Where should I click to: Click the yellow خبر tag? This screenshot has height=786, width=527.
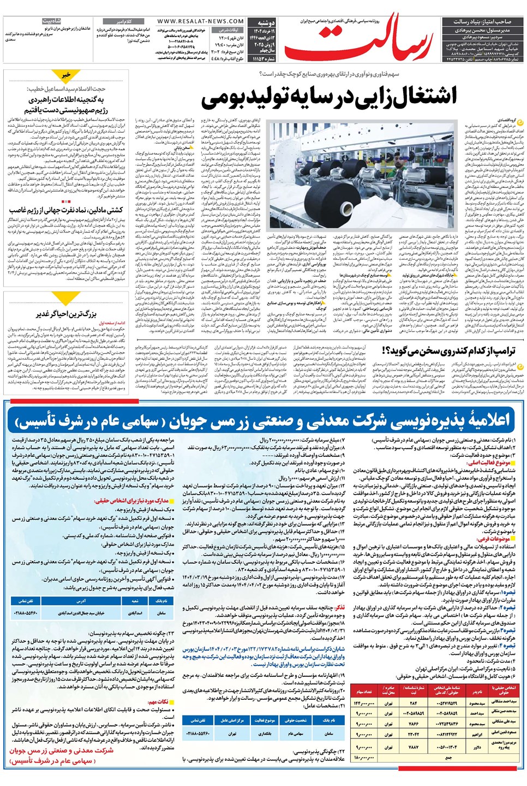[x=66, y=75]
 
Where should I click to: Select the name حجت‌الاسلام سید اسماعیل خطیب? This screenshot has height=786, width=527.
[x=67, y=88]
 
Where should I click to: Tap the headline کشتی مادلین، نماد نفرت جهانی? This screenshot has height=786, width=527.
[x=66, y=210]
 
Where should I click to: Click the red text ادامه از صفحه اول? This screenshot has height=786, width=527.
[x=112, y=323]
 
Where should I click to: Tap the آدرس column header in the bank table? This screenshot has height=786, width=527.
[x=81, y=600]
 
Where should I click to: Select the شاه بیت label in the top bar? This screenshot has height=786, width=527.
[x=51, y=21]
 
